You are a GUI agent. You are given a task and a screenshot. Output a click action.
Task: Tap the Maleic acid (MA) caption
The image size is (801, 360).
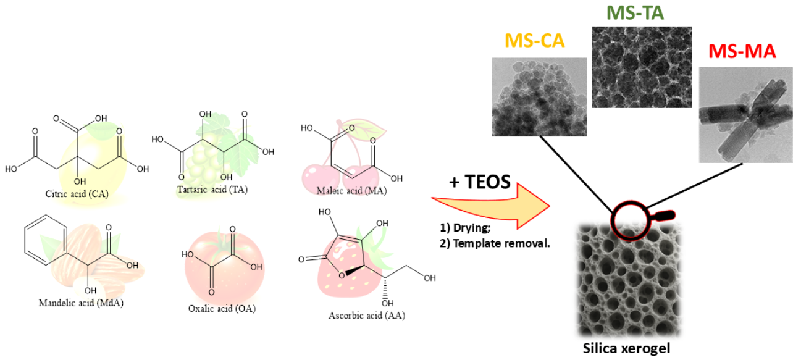[351, 191]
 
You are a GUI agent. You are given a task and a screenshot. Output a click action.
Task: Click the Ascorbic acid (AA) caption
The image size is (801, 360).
[367, 316]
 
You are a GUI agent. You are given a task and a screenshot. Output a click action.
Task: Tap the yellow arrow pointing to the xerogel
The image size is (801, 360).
[494, 203]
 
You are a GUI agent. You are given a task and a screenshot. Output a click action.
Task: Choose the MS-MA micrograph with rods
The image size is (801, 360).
[746, 115]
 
